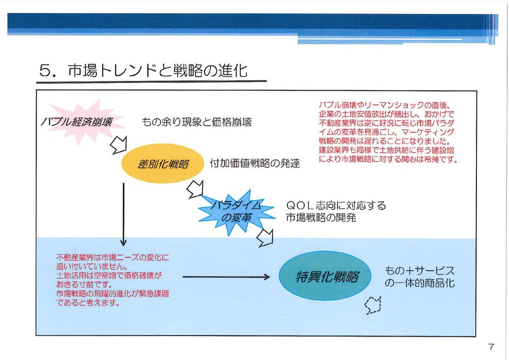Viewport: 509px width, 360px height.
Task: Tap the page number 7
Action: pos(491,347)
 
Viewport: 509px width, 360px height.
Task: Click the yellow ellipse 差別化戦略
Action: pos(163,163)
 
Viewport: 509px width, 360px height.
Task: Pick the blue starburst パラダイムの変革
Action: pos(237,212)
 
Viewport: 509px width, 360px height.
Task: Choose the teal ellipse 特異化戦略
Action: pos(325,276)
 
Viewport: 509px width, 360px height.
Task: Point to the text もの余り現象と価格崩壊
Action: pos(196,122)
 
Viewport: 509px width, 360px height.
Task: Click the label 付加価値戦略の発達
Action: pos(255,163)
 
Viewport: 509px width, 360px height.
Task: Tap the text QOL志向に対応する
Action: pos(336,205)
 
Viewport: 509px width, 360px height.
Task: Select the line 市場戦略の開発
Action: pos(321,217)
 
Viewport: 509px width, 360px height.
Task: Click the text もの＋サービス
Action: pos(419,270)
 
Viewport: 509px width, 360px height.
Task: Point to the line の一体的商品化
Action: pos(419,283)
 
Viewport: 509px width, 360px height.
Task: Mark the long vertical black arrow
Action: pos(123,214)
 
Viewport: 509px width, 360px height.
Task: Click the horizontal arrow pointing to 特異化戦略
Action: pos(227,277)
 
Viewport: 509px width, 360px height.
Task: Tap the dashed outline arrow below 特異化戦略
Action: pos(373,305)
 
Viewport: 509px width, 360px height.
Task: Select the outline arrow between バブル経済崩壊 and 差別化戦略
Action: pos(119,145)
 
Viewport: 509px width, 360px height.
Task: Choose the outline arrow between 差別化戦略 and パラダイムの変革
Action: pos(195,189)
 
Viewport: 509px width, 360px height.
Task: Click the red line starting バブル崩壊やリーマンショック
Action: pos(384,105)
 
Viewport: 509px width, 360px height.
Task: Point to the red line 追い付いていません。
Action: pos(92,266)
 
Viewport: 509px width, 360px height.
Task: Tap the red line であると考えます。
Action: pos(88,303)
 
